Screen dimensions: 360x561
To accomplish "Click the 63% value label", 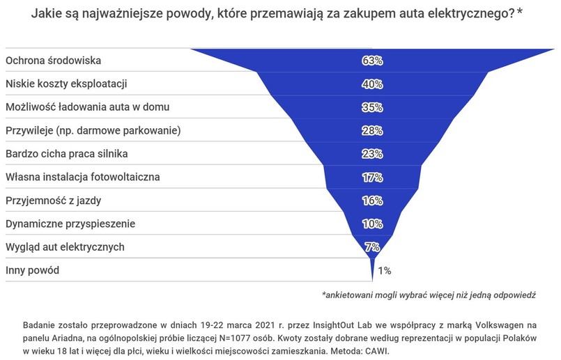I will (x=372, y=61).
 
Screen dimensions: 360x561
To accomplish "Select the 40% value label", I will (x=372, y=84).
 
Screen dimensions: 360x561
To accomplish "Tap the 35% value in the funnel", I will (x=372, y=107).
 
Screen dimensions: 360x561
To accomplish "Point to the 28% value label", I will (x=372, y=131).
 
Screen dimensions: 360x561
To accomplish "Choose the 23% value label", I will (x=372, y=154).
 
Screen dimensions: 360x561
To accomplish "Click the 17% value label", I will (x=372, y=178).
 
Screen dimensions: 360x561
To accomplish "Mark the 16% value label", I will (x=372, y=201).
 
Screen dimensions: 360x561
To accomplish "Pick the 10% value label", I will (x=372, y=224).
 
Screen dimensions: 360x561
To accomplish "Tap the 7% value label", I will (x=372, y=247).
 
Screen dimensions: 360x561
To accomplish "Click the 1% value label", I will (x=384, y=270).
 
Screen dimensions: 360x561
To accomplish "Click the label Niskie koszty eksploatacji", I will (x=67, y=84).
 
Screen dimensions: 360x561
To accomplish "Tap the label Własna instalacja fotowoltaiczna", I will (x=83, y=177).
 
